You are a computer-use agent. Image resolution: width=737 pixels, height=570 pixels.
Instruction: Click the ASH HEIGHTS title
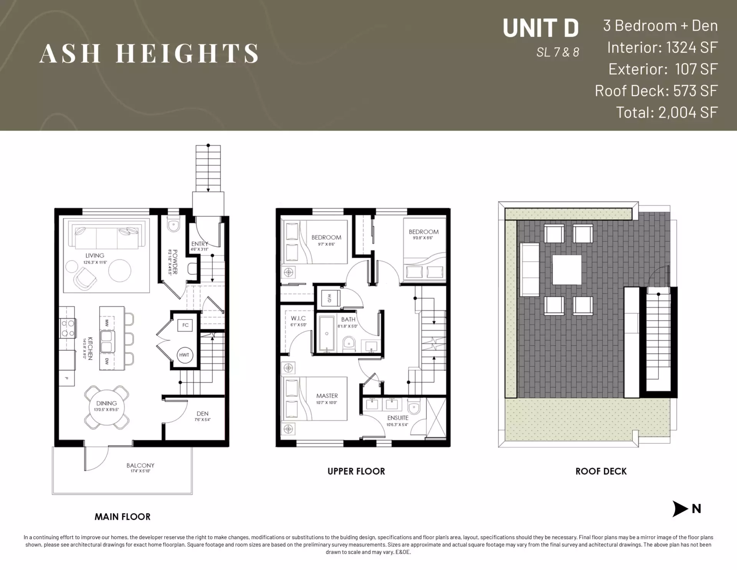click(x=149, y=53)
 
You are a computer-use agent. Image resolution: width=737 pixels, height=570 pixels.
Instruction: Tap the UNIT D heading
click(x=540, y=28)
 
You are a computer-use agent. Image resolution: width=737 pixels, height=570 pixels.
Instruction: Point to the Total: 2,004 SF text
click(x=666, y=112)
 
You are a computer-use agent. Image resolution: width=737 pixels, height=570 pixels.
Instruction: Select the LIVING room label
click(x=95, y=255)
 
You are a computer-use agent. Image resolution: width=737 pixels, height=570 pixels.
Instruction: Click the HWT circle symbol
click(x=184, y=355)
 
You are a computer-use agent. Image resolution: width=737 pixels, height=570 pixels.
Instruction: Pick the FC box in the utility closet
click(x=185, y=325)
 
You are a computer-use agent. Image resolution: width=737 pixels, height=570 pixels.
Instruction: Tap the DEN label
click(x=202, y=414)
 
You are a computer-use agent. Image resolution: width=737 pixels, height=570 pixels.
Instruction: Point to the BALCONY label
click(x=140, y=466)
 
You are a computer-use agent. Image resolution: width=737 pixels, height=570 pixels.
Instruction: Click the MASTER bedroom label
click(x=327, y=396)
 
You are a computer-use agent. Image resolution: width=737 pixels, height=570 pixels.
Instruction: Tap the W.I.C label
click(x=298, y=318)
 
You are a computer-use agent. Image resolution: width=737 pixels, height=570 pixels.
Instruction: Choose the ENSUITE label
click(x=398, y=418)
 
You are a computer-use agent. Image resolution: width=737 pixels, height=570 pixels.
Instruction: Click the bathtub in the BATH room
click(x=327, y=333)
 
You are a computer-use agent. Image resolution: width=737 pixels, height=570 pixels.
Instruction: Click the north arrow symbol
click(x=680, y=509)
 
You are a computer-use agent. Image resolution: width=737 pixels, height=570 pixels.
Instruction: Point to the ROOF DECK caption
click(x=601, y=471)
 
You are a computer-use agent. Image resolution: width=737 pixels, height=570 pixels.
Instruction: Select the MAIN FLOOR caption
click(x=122, y=517)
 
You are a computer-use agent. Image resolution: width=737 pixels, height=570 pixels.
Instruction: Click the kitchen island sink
click(x=106, y=341)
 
